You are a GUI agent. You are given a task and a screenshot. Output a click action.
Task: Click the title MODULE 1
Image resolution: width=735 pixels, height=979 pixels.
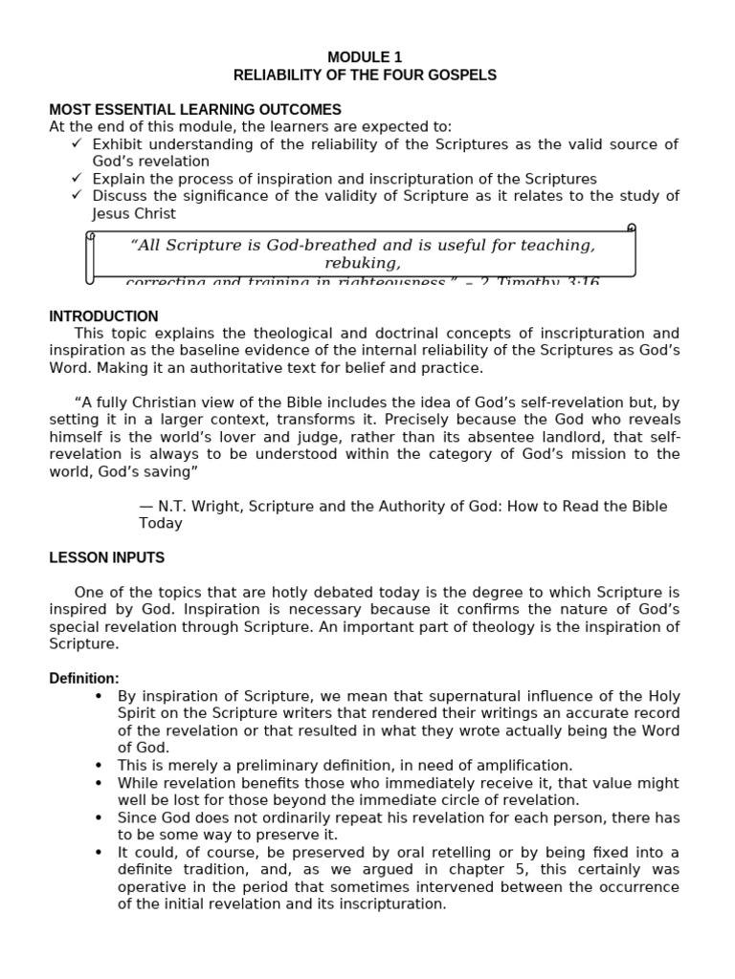pos(365,57)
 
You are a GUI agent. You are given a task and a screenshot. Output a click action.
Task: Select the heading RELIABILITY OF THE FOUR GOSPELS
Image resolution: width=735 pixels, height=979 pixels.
pos(365,75)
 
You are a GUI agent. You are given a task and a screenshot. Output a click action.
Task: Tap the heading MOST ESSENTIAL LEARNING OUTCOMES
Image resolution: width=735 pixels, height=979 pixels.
pos(195,110)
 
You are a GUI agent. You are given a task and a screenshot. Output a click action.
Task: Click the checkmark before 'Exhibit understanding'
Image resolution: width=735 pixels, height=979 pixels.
pos(78,143)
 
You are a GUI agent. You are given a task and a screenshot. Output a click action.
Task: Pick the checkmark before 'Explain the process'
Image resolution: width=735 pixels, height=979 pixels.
pos(78,179)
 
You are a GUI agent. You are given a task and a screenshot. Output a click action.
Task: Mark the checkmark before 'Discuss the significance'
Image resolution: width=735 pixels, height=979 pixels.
pos(78,196)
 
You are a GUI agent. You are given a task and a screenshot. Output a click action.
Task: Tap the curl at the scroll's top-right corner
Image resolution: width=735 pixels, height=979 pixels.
pos(631,228)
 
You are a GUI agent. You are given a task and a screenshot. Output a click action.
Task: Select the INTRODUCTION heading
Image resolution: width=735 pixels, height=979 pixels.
pos(103,316)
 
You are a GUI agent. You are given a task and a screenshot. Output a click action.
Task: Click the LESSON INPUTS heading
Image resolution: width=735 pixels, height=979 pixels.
pos(106,557)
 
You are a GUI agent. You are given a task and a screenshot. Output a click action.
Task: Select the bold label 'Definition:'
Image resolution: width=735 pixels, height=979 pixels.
pos(84,678)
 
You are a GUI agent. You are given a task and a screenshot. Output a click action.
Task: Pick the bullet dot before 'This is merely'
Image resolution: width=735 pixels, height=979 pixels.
pos(99,766)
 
